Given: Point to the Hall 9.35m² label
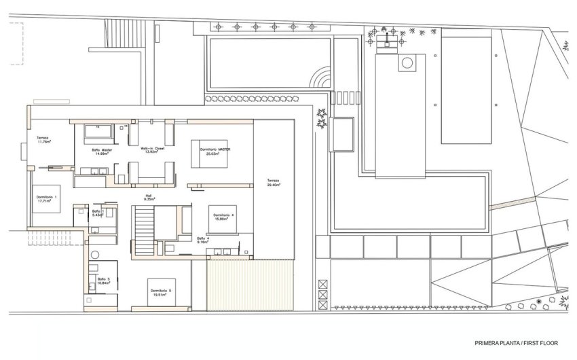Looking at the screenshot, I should [149, 198].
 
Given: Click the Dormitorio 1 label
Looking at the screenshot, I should [47, 198].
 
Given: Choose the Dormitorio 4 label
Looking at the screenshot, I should [223, 217].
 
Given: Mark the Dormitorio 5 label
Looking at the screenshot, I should [161, 293].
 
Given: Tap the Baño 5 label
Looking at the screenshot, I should [103, 280].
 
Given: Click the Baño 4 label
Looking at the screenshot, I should [203, 240].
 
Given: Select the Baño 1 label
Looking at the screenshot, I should [97, 213].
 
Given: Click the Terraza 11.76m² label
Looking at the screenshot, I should [47, 141].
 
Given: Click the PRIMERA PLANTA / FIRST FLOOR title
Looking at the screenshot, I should [517, 343].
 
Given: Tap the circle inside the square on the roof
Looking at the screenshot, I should [407, 65].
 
